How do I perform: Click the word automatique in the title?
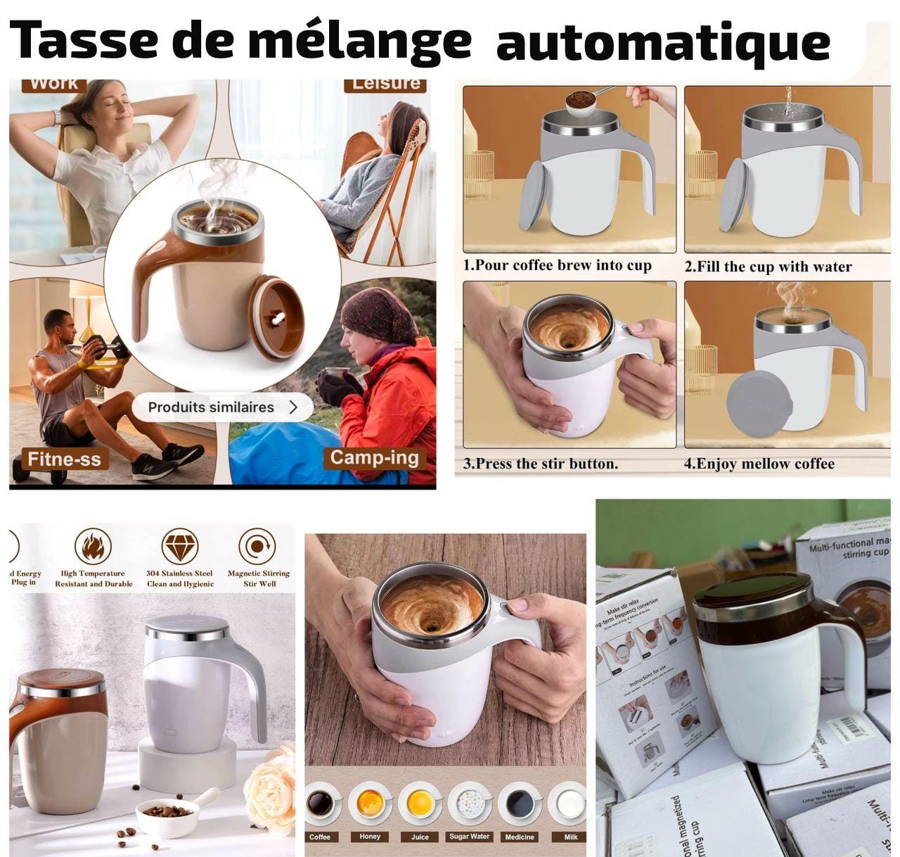click(662, 42)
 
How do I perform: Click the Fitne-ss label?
click(64, 459)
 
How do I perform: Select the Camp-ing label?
click(374, 458)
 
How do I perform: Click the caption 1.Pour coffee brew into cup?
click(558, 266)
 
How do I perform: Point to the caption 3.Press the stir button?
click(541, 464)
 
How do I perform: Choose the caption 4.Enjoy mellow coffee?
click(759, 464)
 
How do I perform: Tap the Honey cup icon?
click(370, 804)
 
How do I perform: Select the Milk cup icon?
click(570, 804)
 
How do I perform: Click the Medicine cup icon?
click(520, 804)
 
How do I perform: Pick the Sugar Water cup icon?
click(470, 804)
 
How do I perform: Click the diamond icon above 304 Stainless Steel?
click(179, 546)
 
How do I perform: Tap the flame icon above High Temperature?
click(93, 546)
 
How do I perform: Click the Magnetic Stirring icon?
click(257, 546)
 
